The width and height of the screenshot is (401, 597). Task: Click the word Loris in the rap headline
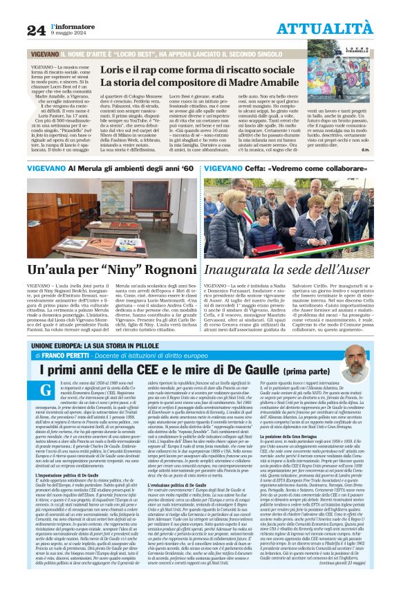[x=115, y=71]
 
